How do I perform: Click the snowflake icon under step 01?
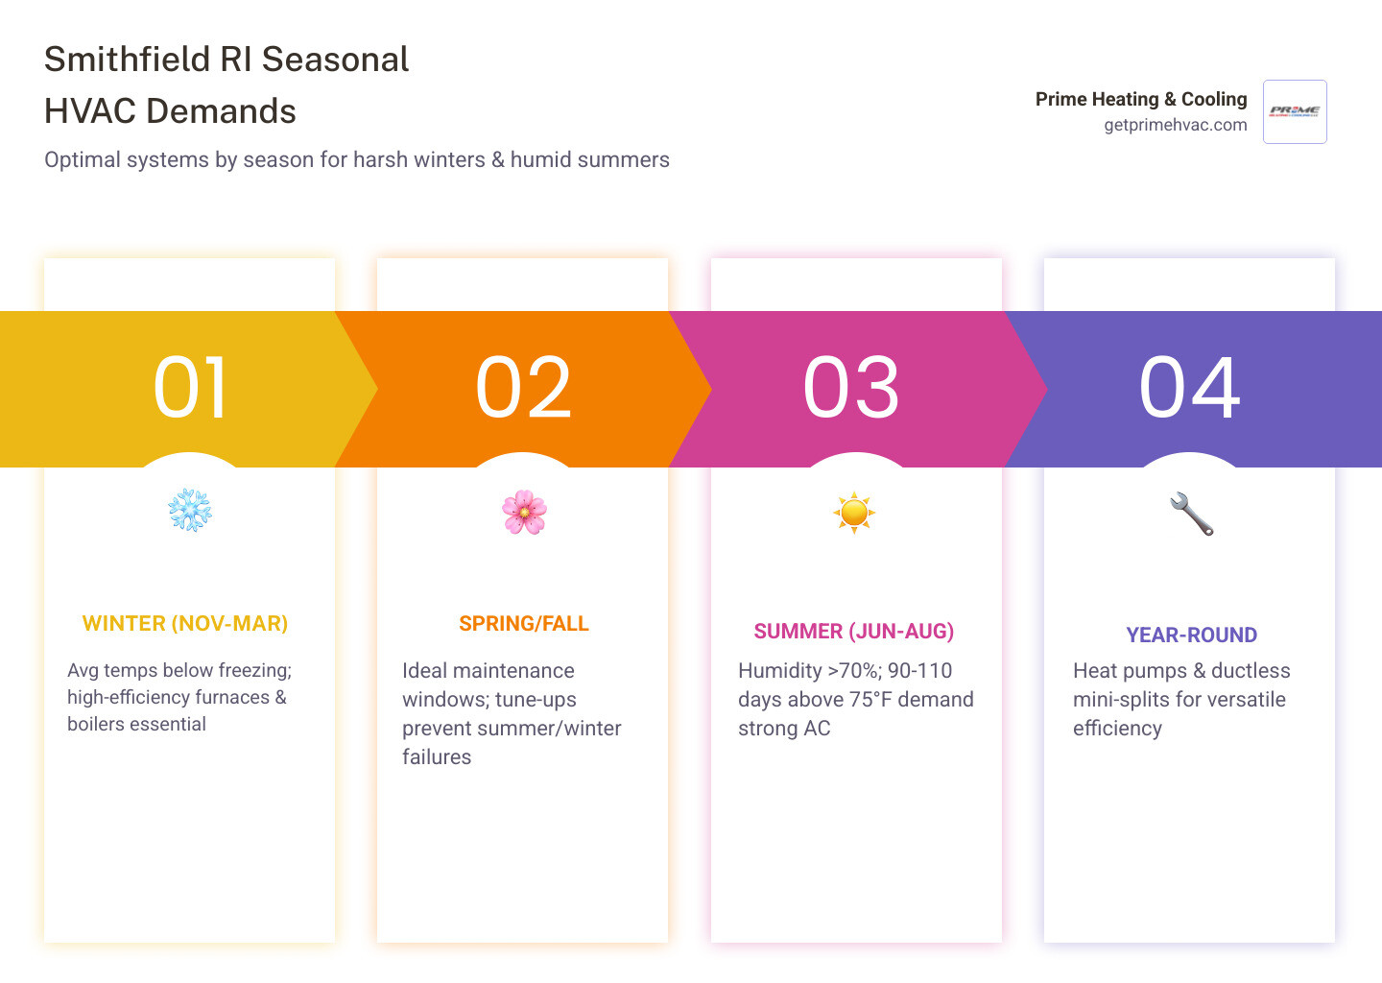(x=190, y=511)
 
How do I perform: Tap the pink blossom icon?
(x=524, y=513)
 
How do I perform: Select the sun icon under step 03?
(x=854, y=513)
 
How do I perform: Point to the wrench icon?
(x=1191, y=514)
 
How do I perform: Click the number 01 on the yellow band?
(x=191, y=388)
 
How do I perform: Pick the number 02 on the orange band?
(x=524, y=388)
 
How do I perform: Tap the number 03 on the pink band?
(x=851, y=388)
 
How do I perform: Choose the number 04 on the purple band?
(x=1190, y=388)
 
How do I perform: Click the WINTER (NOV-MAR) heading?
(x=185, y=624)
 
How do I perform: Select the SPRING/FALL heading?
(x=524, y=624)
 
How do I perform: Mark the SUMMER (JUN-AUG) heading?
(x=854, y=632)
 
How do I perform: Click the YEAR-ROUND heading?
(x=1191, y=635)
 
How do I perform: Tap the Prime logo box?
(x=1295, y=111)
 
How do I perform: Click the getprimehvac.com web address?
(x=1175, y=125)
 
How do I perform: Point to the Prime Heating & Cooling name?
(x=1141, y=99)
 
